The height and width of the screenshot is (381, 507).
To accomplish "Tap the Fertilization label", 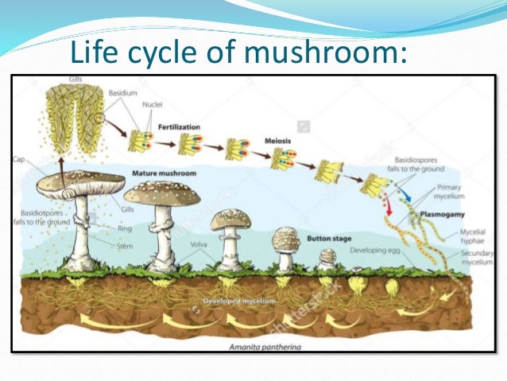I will (x=179, y=126).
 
